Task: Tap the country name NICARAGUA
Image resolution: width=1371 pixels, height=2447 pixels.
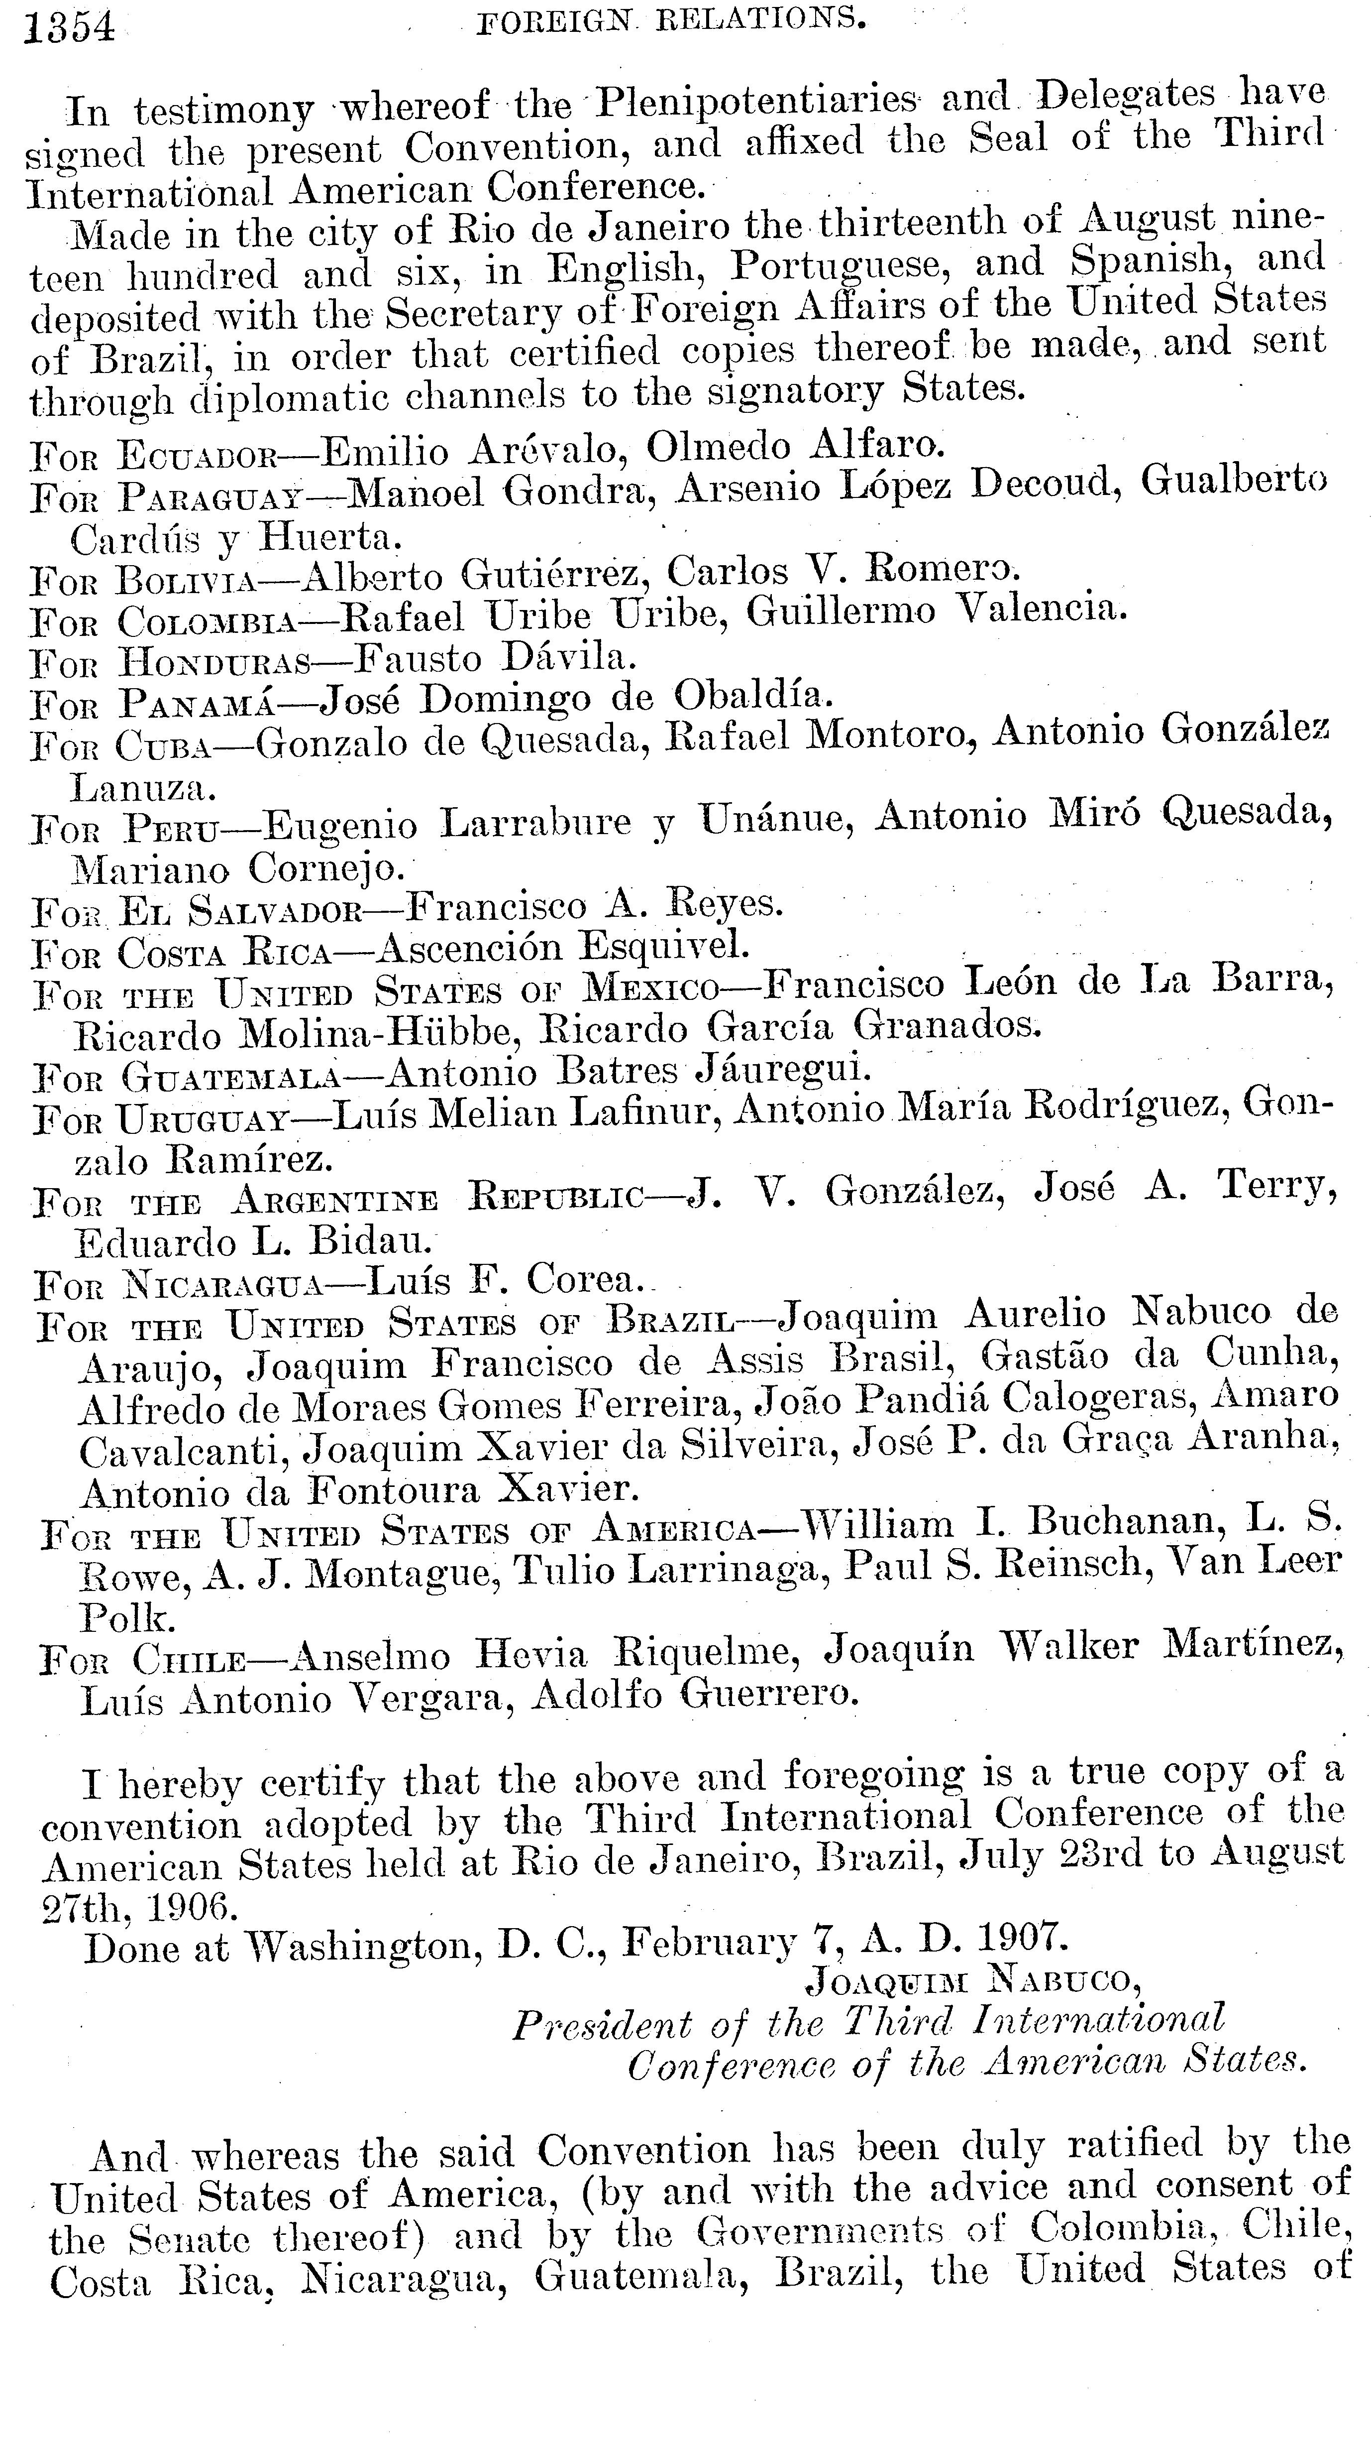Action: coord(223,1285)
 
